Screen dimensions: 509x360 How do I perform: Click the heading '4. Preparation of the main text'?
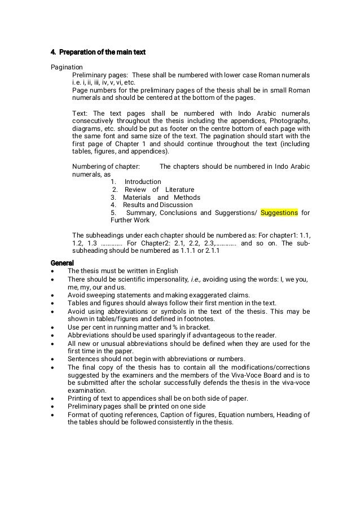(x=98, y=52)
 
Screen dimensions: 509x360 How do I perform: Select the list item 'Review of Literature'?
(x=153, y=190)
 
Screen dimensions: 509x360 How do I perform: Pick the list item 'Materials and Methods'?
(x=155, y=198)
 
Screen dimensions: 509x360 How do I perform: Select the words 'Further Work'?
(x=131, y=221)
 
